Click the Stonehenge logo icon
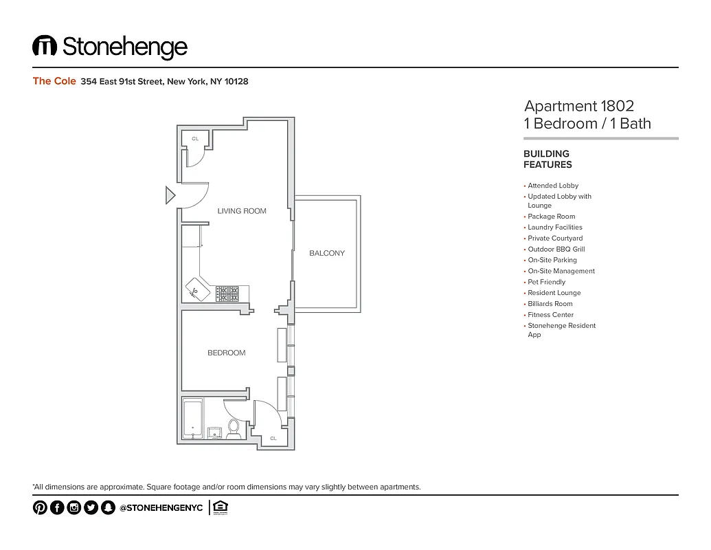(45, 46)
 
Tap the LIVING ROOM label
(242, 211)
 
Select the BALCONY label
(327, 253)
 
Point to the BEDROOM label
(227, 353)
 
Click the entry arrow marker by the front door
(170, 196)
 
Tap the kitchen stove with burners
(227, 294)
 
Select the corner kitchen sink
(194, 290)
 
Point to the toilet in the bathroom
(234, 427)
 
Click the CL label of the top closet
(195, 139)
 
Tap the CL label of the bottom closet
(273, 438)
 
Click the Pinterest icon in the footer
(40, 507)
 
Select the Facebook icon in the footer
(57, 507)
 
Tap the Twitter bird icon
(91, 507)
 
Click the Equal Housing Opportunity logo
(221, 507)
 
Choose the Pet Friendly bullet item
(546, 282)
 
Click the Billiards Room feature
(550, 304)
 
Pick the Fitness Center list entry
(550, 315)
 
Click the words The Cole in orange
(54, 81)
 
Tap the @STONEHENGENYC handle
(161, 508)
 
